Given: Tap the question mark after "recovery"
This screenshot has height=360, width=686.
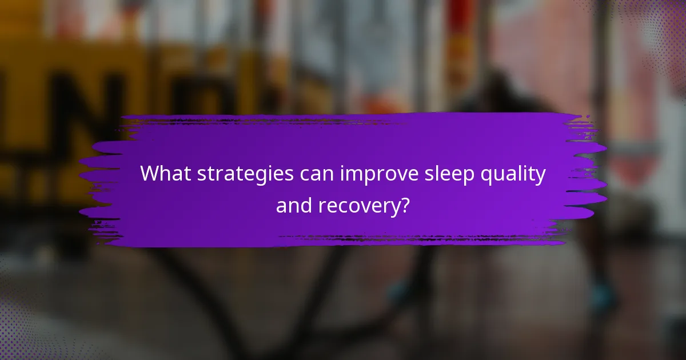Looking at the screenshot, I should pyautogui.click(x=405, y=204).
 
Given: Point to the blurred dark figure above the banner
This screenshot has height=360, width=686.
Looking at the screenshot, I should pyautogui.click(x=503, y=91).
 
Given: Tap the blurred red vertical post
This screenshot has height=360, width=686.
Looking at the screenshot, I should pyautogui.click(x=460, y=46).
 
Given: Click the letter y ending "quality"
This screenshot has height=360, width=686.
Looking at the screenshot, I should pyautogui.click(x=540, y=176).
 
